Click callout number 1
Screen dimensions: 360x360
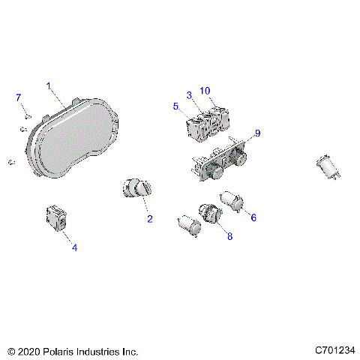tap(49, 86)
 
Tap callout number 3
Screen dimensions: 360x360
tap(190, 94)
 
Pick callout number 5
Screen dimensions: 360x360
tap(175, 107)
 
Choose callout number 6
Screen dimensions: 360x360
tap(253, 217)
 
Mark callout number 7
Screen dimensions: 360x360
tap(19, 97)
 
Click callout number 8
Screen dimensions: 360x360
tap(229, 236)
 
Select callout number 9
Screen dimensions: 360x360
tap(257, 133)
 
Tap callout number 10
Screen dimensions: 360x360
tap(205, 90)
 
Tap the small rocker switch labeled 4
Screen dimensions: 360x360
tap(57, 218)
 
